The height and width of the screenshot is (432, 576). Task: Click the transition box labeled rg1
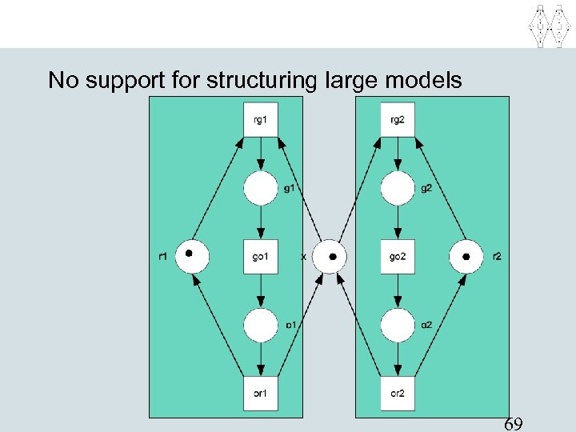[x=261, y=120]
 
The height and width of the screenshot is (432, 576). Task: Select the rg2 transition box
[x=398, y=120]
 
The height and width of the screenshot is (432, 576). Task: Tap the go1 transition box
[x=261, y=257]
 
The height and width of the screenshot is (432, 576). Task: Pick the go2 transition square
[x=398, y=257]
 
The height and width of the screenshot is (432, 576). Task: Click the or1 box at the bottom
[x=261, y=393]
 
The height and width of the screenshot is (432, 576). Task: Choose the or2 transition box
[x=398, y=393]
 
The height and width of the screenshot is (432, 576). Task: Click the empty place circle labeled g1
[x=261, y=189]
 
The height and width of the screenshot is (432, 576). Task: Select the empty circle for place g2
[x=398, y=189]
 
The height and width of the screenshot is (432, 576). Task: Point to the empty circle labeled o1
[x=261, y=325]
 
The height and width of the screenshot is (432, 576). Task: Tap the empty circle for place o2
[x=398, y=325]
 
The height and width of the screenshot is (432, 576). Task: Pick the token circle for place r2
[x=466, y=257]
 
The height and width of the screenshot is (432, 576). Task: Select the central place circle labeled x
[x=329, y=257]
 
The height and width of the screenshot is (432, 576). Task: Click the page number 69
[x=514, y=423]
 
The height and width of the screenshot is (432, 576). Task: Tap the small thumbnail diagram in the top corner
[x=550, y=24]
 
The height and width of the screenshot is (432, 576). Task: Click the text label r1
[x=163, y=257]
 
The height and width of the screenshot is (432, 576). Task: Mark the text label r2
[x=497, y=257]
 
